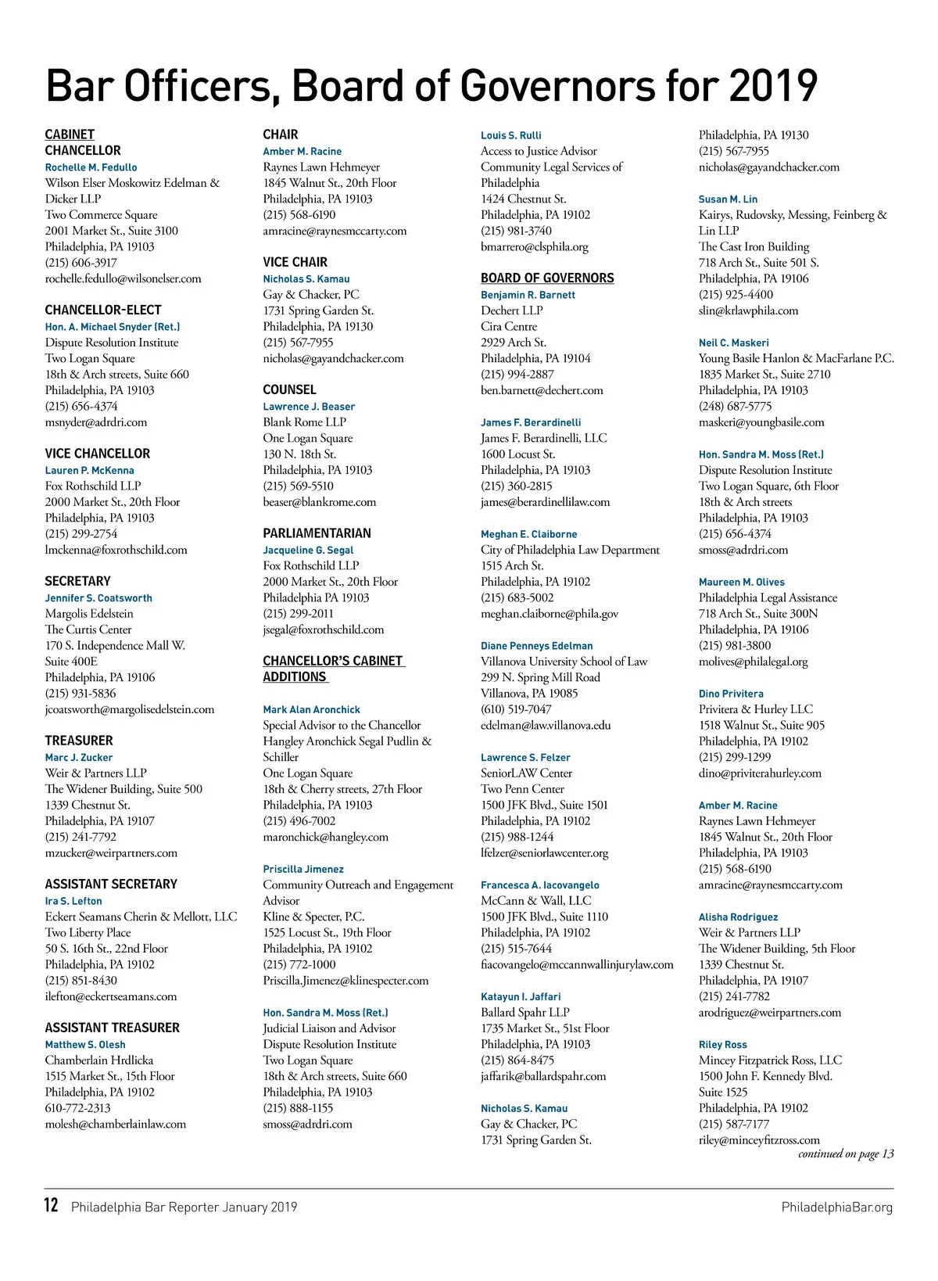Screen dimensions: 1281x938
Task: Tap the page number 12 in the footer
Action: (51, 1205)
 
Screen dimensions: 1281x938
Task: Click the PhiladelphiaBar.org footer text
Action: (836, 1207)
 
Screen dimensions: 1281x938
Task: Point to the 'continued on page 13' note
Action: (846, 1154)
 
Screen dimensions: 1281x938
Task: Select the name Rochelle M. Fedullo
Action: (91, 167)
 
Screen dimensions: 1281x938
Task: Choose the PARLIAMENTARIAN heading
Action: (317, 533)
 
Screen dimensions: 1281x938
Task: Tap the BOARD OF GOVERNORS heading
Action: (547, 278)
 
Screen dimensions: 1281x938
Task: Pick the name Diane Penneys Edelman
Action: (536, 646)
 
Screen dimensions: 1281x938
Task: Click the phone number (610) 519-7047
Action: (516, 709)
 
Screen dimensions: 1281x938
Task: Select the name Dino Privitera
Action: (731, 694)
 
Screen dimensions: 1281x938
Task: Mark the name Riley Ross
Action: (722, 1045)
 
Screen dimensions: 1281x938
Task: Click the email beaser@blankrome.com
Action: (319, 502)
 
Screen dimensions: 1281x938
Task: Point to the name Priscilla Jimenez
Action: (303, 869)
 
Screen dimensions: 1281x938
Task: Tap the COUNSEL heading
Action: (289, 389)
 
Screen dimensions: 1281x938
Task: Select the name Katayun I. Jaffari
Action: (521, 997)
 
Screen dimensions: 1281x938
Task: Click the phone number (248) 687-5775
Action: (735, 407)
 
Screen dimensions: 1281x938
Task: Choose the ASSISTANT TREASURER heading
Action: (112, 1028)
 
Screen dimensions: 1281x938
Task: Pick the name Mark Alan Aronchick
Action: (311, 709)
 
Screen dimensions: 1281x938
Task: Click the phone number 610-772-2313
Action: (77, 1108)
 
